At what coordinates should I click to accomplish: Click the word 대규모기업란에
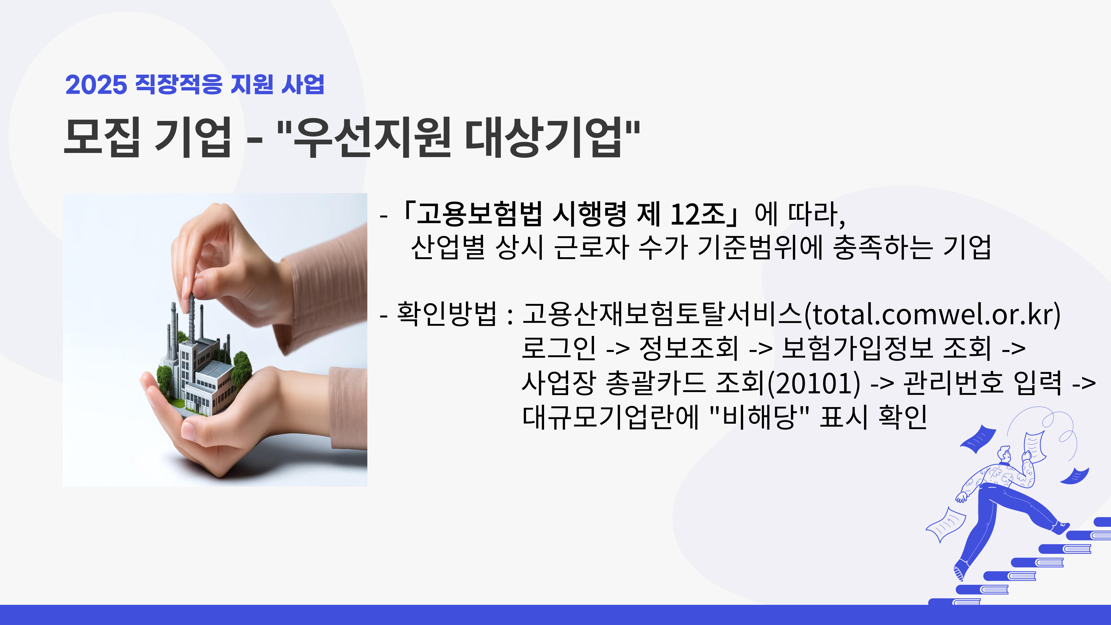click(610, 417)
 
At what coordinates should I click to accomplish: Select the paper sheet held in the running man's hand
click(1034, 446)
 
